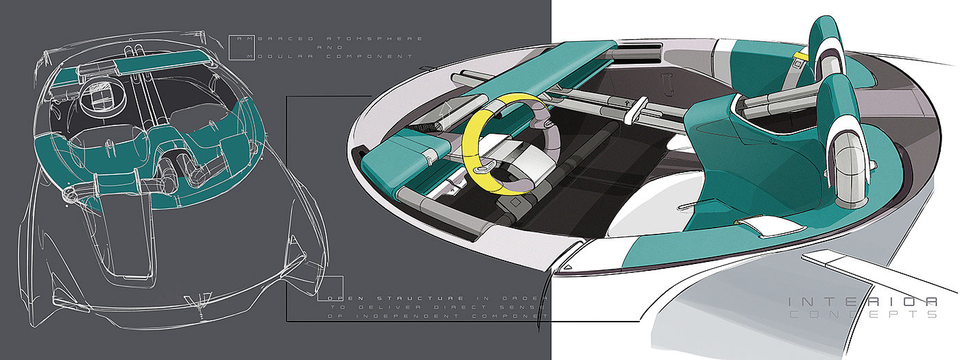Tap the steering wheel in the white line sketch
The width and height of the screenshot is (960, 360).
click(x=97, y=99)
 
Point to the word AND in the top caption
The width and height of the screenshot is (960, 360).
click(x=326, y=48)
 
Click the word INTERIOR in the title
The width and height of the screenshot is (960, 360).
click(x=863, y=301)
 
